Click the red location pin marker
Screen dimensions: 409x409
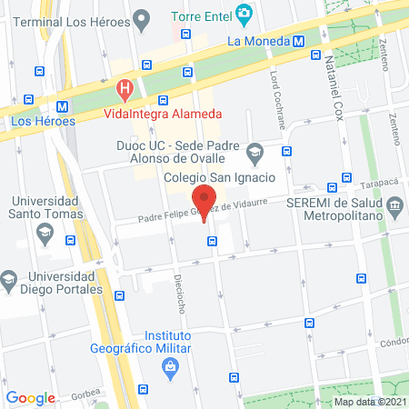tap(204, 200)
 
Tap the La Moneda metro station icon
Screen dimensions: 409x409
tap(299, 40)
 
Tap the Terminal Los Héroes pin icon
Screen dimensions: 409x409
tap(140, 18)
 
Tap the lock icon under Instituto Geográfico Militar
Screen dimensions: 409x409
tap(169, 367)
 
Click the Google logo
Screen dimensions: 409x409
tap(30, 397)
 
